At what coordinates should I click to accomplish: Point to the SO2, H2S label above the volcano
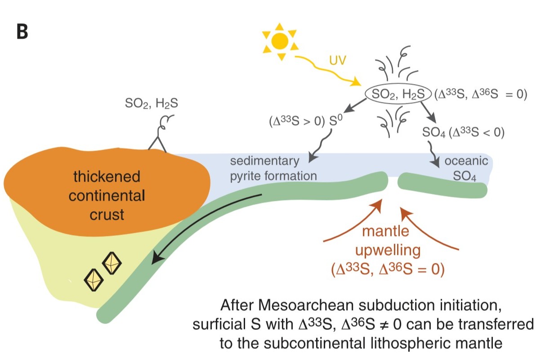tap(151, 104)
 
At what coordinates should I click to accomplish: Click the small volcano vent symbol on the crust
tap(157, 140)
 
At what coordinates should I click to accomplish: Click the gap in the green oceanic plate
tap(393, 182)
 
